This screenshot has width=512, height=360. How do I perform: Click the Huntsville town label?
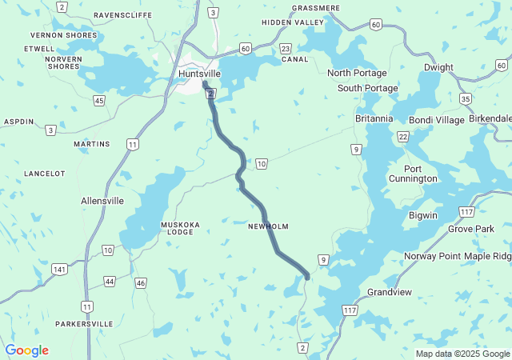click(199, 73)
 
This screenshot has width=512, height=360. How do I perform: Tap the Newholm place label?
click(268, 226)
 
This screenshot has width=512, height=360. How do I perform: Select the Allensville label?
click(102, 201)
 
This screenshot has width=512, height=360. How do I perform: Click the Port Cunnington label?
click(420, 174)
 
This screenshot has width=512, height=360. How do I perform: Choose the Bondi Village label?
click(436, 120)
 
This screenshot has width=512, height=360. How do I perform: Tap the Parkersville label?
click(84, 324)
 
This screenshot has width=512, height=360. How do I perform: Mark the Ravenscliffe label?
click(123, 15)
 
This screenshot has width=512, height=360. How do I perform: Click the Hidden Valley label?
click(293, 22)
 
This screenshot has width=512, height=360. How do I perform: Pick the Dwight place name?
click(438, 67)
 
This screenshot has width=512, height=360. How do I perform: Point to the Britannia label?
click(374, 118)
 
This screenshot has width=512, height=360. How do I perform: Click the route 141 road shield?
click(59, 270)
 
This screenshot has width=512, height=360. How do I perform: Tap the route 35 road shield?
click(466, 98)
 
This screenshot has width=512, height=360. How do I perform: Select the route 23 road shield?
click(286, 49)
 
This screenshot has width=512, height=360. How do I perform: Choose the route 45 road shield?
click(98, 100)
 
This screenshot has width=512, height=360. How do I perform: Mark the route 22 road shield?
click(403, 137)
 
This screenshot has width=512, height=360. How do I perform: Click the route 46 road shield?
click(141, 282)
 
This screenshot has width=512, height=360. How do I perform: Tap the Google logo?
click(26, 350)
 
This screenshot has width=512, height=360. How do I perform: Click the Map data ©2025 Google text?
click(462, 354)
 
